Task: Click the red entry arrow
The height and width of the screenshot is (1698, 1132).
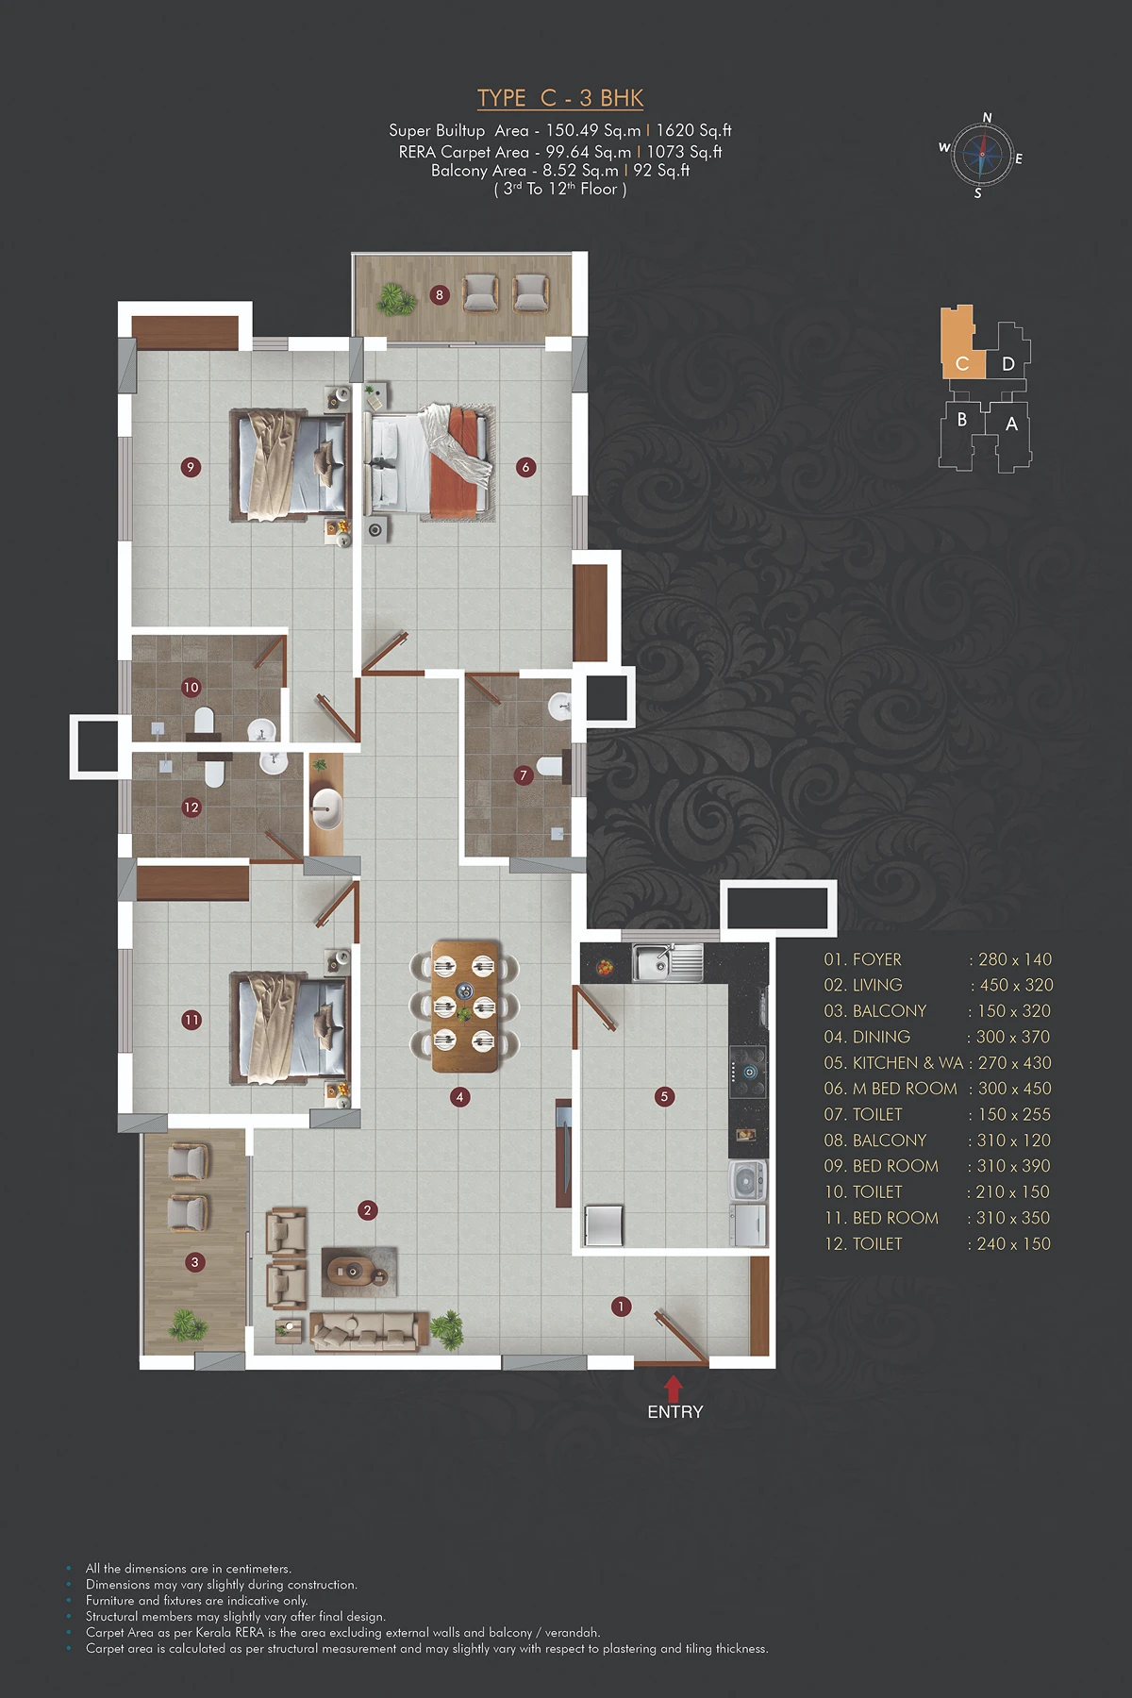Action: [x=674, y=1389]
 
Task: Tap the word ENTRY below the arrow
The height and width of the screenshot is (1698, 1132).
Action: [x=675, y=1412]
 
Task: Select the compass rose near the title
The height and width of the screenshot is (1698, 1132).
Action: [x=981, y=154]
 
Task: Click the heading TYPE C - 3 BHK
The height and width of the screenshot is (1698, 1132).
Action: [x=560, y=98]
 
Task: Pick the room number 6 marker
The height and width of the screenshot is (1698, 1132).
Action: [x=526, y=467]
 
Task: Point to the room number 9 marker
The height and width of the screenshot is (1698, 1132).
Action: [x=191, y=467]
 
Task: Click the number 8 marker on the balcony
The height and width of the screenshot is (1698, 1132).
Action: [x=439, y=295]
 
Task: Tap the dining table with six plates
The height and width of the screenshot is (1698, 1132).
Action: [x=465, y=1006]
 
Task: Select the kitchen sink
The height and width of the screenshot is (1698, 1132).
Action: [x=668, y=962]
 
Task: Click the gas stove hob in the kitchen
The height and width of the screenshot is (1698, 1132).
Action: [x=748, y=1072]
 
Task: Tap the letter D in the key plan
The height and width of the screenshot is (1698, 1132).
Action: [x=1008, y=364]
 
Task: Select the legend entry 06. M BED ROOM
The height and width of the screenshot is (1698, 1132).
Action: [x=891, y=1089]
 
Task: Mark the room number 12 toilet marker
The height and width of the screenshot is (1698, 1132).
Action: [x=191, y=807]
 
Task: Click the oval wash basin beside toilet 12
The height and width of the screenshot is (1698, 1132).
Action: [x=326, y=808]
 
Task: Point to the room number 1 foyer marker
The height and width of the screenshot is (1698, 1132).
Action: [x=621, y=1307]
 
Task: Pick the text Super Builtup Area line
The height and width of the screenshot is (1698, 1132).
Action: [x=560, y=131]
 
